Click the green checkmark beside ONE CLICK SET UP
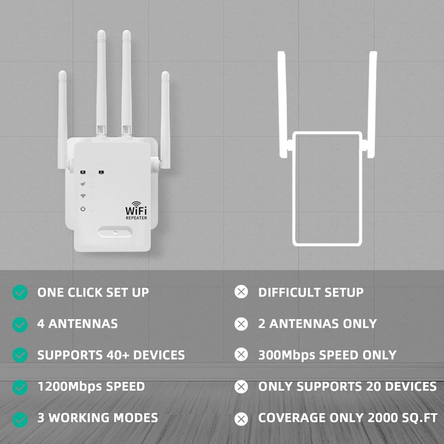click(20, 293)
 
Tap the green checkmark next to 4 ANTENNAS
click(20, 324)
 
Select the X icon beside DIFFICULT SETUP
click(241, 292)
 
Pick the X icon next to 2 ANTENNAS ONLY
click(241, 324)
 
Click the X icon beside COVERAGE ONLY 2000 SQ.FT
click(241, 418)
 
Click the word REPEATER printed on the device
click(136, 218)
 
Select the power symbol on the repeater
click(82, 209)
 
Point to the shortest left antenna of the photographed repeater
click(62, 117)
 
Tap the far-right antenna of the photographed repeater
click(165, 117)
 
